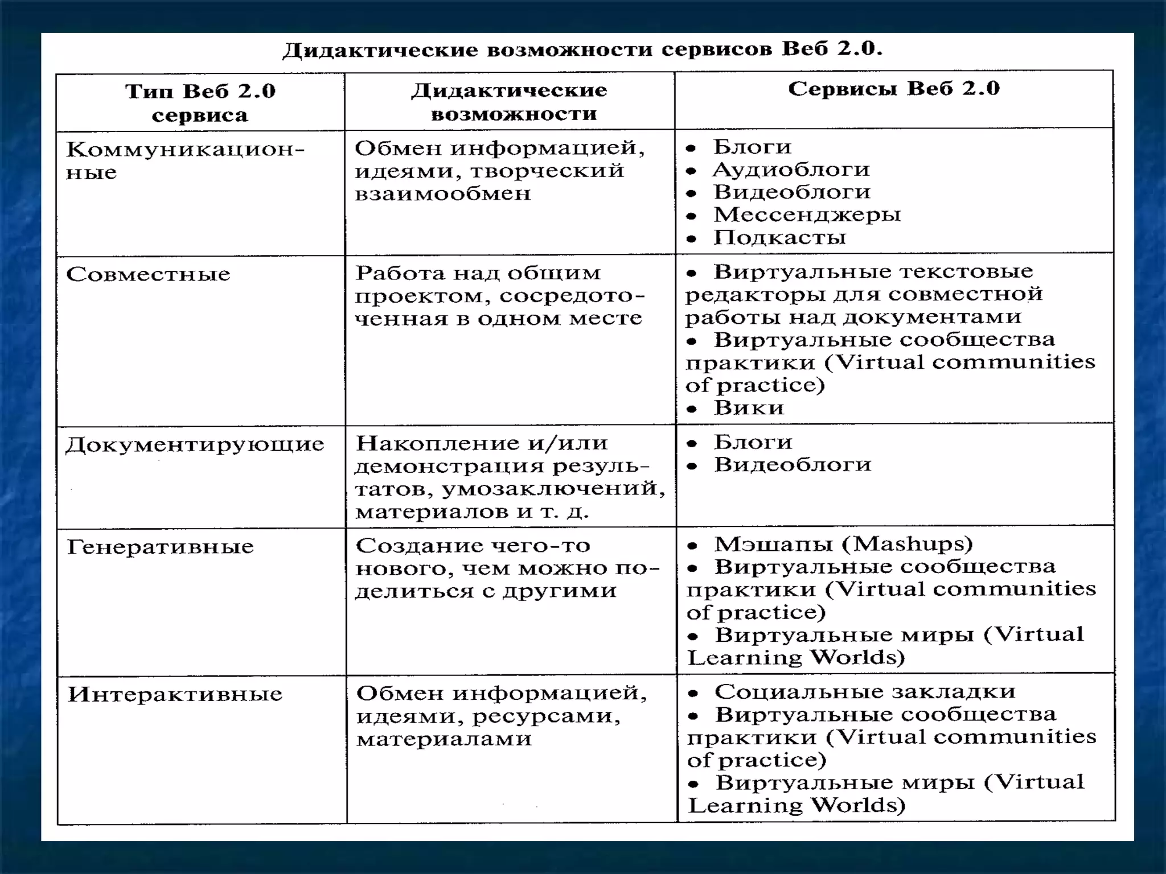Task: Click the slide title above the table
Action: click(582, 50)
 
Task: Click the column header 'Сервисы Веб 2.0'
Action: click(893, 89)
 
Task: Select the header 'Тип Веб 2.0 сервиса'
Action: click(200, 102)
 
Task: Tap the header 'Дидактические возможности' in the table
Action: click(510, 102)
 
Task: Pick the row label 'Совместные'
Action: click(148, 274)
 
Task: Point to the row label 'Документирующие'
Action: click(195, 444)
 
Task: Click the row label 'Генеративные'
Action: click(160, 547)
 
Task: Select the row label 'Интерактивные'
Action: click(175, 694)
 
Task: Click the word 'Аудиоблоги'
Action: click(791, 170)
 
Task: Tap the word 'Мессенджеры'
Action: click(807, 215)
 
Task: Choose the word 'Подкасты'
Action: click(779, 237)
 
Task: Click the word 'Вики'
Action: click(749, 408)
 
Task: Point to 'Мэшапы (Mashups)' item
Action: click(843, 544)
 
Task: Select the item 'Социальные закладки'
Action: click(865, 691)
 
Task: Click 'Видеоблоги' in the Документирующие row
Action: click(793, 465)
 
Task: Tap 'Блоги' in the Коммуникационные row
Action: click(752, 147)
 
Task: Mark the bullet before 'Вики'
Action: click(692, 409)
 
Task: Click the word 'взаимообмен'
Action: click(442, 193)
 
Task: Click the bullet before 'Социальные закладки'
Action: click(693, 693)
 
